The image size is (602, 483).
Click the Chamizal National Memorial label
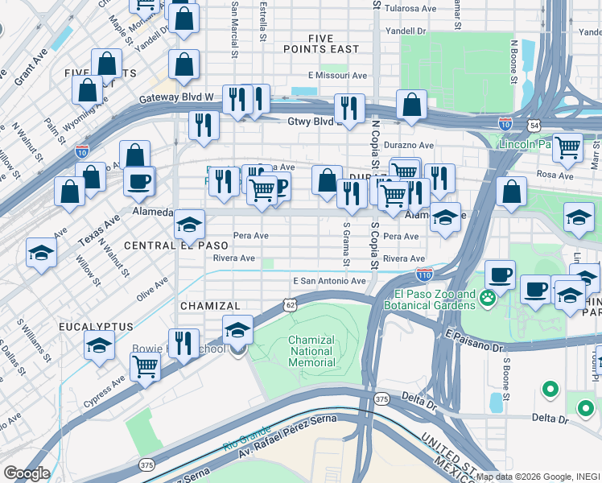coord(311,351)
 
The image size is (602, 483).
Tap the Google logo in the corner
coord(27,473)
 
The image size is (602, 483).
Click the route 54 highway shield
coord(534,126)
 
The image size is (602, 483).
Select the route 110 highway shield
coord(425,275)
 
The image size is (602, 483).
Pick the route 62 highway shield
coord(291,304)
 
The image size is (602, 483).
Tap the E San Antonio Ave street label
coord(330,280)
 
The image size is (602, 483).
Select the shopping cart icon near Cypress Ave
coord(145,366)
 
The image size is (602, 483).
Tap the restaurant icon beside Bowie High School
coord(183,343)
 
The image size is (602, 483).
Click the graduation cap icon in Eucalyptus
coord(98,345)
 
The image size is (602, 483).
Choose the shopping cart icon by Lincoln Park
coord(568,147)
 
